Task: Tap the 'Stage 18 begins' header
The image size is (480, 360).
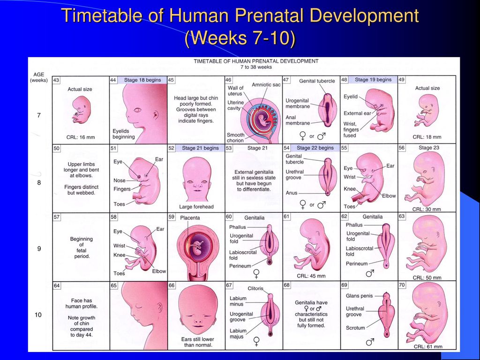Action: click(x=142, y=80)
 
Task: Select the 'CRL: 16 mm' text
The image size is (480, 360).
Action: click(x=81, y=137)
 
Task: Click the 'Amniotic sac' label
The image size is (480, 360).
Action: click(x=266, y=84)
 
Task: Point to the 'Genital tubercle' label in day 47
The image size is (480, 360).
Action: click(x=317, y=81)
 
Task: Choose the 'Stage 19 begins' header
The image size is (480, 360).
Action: click(x=373, y=80)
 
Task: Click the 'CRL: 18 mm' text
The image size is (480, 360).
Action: click(x=427, y=137)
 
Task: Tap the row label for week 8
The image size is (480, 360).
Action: click(x=39, y=183)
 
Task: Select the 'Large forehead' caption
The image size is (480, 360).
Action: click(x=196, y=207)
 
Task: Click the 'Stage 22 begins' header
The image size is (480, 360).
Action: click(x=315, y=148)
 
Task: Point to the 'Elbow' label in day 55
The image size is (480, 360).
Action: click(x=389, y=195)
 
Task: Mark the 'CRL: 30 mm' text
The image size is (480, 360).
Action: click(x=427, y=210)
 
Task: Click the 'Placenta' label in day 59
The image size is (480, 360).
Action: click(x=190, y=217)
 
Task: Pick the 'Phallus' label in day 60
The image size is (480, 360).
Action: click(x=238, y=227)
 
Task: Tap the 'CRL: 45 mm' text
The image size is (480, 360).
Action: click(x=311, y=276)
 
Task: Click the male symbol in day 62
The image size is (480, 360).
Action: click(x=370, y=273)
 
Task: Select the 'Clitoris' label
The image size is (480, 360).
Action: click(x=255, y=288)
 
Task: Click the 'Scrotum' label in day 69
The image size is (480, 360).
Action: click(x=355, y=328)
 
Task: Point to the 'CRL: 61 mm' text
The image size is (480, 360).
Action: click(x=428, y=346)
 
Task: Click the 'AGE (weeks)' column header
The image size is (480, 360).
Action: click(x=39, y=77)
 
